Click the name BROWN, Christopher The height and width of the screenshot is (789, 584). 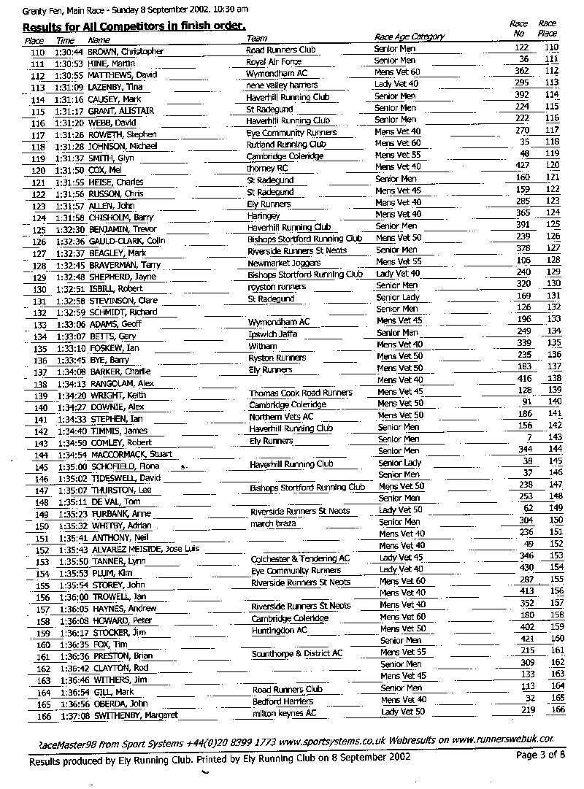point(126,52)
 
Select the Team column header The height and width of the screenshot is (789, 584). point(257,38)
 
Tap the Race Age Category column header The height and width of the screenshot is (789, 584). point(409,36)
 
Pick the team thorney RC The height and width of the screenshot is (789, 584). point(267,168)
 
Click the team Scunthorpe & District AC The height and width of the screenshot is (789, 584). point(296,653)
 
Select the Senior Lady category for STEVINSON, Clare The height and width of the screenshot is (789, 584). point(398,297)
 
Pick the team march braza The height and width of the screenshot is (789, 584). point(272,523)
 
